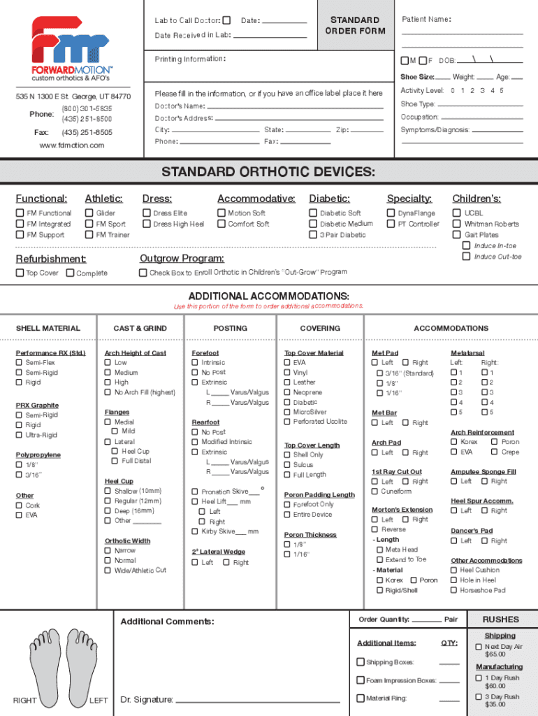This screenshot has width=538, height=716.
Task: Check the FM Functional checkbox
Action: pyautogui.click(x=20, y=213)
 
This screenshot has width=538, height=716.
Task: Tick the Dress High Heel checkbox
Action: pyautogui.click(x=147, y=224)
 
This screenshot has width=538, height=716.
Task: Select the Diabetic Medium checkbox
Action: pyautogui.click(x=313, y=224)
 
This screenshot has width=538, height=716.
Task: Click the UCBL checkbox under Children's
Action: pyautogui.click(x=457, y=213)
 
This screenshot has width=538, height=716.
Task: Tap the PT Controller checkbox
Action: pyautogui.click(x=391, y=224)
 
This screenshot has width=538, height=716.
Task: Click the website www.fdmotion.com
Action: pyautogui.click(x=72, y=145)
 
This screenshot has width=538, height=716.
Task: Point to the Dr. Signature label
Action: pyautogui.click(x=147, y=700)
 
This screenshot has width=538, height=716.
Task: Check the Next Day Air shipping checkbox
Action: pyautogui.click(x=479, y=647)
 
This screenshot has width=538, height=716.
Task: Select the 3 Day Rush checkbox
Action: pyautogui.click(x=479, y=697)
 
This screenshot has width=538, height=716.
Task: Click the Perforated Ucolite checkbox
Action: pyautogui.click(x=287, y=422)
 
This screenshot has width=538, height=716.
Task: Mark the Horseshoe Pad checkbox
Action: pyautogui.click(x=454, y=590)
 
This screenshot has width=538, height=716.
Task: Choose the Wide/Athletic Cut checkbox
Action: pyautogui.click(x=108, y=571)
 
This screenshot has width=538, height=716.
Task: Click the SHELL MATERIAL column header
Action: pyautogui.click(x=48, y=329)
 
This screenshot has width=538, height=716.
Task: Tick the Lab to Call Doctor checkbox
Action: pyautogui.click(x=226, y=20)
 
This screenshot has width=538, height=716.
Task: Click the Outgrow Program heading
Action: pyautogui.click(x=182, y=259)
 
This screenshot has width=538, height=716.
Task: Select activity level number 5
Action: pyautogui.click(x=500, y=91)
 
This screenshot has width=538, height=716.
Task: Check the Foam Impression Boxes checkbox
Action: pyautogui.click(x=361, y=680)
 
